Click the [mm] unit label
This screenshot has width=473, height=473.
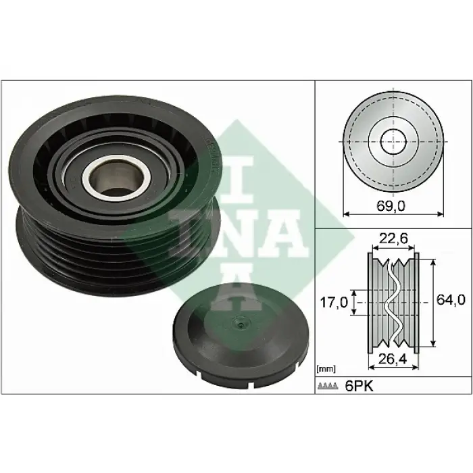(x=326, y=369)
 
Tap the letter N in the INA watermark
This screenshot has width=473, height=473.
(x=203, y=233)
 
